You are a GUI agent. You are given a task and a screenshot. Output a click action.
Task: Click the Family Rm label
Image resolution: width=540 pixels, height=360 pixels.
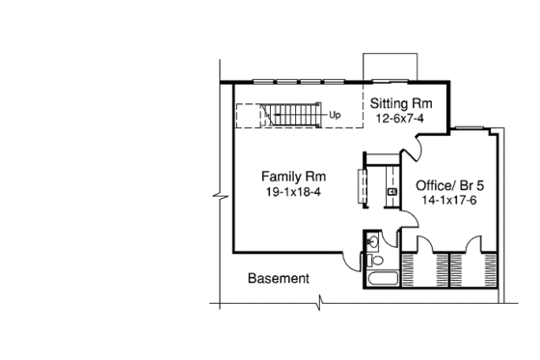pyautogui.click(x=293, y=177)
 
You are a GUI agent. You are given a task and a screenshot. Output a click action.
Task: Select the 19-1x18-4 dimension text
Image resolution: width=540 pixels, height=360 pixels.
pyautogui.click(x=293, y=192)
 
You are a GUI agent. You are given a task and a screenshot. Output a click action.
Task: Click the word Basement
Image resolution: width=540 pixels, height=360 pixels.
pyautogui.click(x=279, y=279)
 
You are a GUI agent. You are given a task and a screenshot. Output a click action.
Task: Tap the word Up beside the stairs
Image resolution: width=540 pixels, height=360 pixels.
pyautogui.click(x=335, y=116)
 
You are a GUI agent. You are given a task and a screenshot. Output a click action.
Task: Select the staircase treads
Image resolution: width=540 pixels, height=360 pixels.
pyautogui.click(x=290, y=115)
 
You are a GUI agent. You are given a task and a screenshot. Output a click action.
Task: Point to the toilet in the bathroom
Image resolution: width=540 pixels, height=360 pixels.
pyautogui.click(x=377, y=260)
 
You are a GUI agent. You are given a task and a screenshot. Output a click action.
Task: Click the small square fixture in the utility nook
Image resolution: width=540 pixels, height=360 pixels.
pyautogui.click(x=392, y=192)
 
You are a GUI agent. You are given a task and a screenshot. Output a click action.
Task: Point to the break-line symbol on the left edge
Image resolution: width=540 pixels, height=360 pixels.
pyautogui.click(x=223, y=200)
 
